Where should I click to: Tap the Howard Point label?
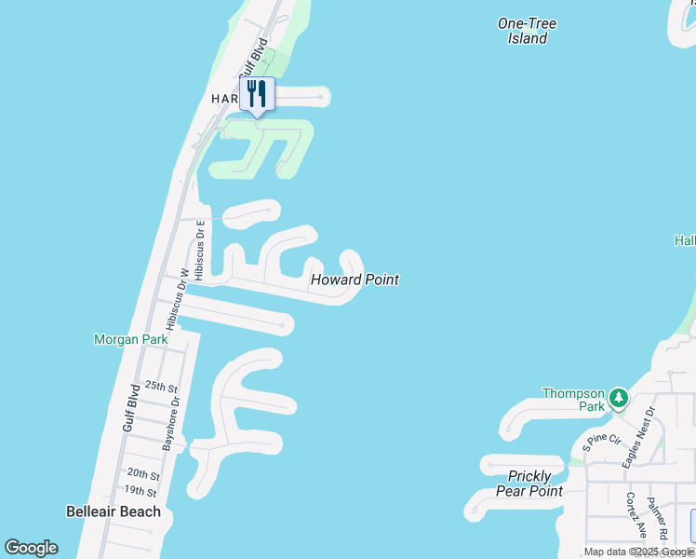click(355, 279)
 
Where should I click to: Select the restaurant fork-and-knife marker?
click(257, 93)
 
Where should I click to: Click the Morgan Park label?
click(131, 340)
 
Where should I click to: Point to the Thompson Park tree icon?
click(619, 400)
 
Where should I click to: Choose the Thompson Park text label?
click(573, 400)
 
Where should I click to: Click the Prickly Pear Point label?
click(529, 484)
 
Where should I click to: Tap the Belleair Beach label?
click(114, 511)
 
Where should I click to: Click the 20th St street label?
click(143, 473)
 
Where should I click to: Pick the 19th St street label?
click(141, 491)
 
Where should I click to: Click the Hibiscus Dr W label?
click(177, 299)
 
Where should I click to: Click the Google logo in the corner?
click(31, 548)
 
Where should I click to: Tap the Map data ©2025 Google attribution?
click(638, 552)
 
